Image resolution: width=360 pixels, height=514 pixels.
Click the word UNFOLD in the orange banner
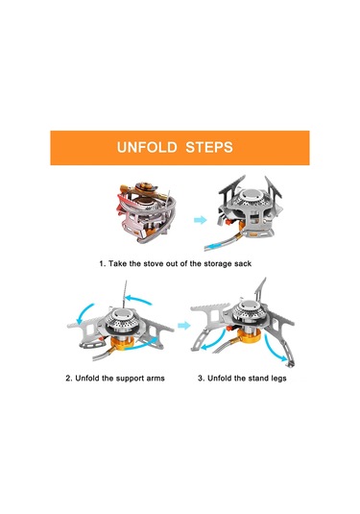(147, 147)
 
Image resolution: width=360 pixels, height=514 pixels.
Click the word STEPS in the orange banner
(209, 147)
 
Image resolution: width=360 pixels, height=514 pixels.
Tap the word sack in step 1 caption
(243, 263)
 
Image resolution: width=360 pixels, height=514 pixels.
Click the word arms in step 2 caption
(156, 379)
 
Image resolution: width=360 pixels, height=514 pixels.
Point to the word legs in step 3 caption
(278, 379)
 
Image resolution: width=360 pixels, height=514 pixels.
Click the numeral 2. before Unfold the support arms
(69, 379)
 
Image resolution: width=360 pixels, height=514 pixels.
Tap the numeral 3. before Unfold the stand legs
(202, 379)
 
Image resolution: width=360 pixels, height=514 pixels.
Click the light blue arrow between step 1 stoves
(200, 220)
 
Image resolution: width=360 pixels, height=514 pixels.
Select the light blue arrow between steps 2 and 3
(184, 326)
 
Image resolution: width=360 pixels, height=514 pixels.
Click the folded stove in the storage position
(147, 211)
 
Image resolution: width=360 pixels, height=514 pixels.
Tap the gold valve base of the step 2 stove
(123, 344)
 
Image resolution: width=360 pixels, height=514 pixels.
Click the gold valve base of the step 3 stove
(249, 337)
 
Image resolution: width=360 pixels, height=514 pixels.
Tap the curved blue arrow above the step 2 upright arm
(138, 300)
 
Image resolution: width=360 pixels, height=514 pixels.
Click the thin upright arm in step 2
(124, 294)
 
